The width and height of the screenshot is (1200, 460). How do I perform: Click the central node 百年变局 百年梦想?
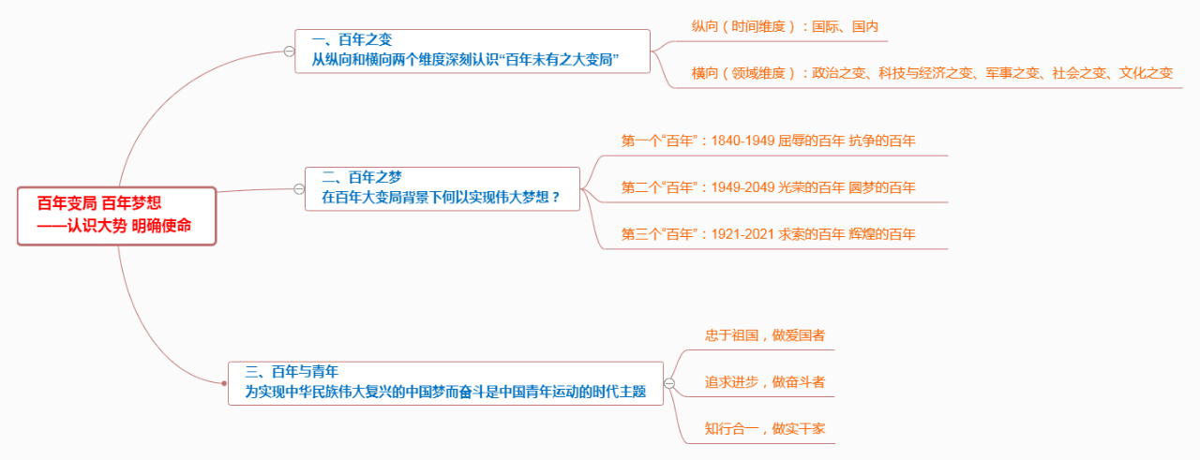pos(99,203)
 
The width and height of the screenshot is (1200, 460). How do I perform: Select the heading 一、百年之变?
pos(352,39)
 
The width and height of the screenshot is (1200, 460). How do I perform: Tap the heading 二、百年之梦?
pos(362,175)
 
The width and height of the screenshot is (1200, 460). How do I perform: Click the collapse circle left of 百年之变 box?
pos(289,51)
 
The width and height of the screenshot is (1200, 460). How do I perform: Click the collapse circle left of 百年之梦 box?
pos(299,188)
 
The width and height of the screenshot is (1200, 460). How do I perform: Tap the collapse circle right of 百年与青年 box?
pos(669,383)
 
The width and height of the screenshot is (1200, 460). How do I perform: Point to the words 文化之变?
pos(1140,73)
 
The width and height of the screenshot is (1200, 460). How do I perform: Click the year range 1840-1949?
pos(742,141)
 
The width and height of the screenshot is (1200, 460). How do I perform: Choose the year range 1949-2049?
pos(742,187)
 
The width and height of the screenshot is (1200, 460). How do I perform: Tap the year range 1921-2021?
pos(742,234)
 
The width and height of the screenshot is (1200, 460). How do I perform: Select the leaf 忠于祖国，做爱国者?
pos(765,334)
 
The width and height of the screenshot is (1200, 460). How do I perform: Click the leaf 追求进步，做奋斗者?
pos(765,382)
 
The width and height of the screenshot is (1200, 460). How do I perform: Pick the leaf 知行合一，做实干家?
pos(765,429)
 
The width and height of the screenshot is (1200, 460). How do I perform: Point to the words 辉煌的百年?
pos(882,234)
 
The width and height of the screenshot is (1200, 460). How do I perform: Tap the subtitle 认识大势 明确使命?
pos(127,227)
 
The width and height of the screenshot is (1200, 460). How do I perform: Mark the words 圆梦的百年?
pos(882,187)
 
